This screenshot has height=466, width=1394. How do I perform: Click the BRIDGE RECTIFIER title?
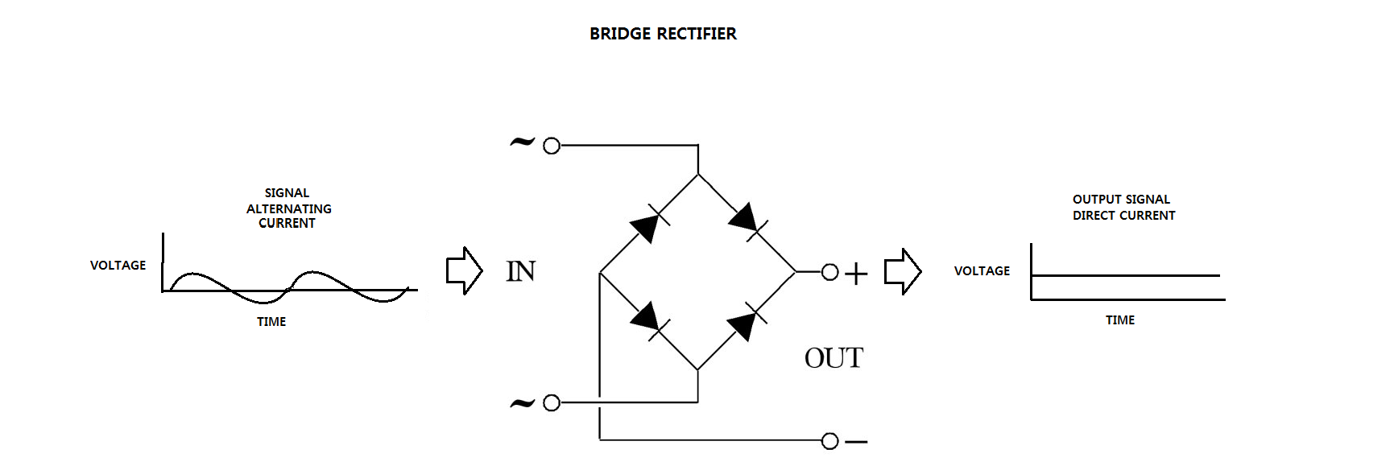[663, 34]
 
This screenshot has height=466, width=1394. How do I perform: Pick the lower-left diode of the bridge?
[647, 318]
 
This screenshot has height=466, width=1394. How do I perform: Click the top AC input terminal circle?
[552, 146]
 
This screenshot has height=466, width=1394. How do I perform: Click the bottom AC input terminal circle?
[552, 402]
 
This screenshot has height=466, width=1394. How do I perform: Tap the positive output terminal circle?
[830, 272]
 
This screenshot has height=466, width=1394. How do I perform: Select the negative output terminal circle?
[830, 441]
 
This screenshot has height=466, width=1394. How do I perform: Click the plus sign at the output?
[856, 274]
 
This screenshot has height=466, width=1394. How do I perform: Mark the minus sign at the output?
[857, 442]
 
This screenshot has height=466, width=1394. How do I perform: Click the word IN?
[520, 272]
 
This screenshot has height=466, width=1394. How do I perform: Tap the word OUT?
[834, 358]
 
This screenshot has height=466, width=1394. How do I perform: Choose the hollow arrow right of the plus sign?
[902, 271]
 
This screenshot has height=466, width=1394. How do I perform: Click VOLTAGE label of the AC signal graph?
[118, 266]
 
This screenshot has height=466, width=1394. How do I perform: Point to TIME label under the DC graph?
[1119, 320]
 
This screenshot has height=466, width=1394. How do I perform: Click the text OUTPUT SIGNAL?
[1121, 200]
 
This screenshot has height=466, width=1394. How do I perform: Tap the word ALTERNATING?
[288, 208]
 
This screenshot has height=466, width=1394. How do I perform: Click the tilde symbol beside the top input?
[522, 143]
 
